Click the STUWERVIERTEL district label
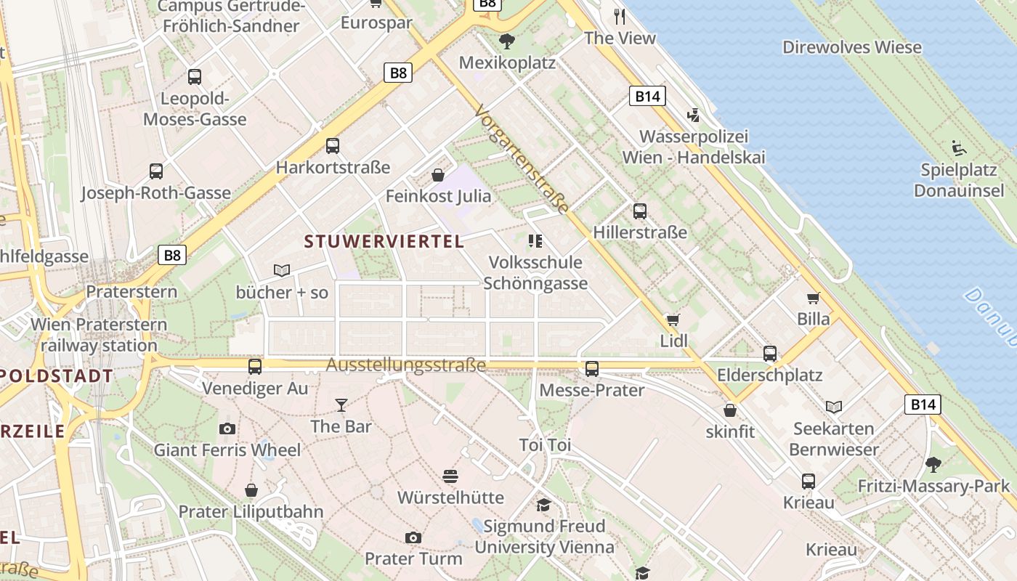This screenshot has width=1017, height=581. (x=384, y=241)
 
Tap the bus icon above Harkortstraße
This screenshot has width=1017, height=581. (x=333, y=146)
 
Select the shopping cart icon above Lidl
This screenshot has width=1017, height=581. (x=673, y=320)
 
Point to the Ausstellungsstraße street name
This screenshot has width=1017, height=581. (x=405, y=365)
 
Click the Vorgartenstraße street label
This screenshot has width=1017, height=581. (x=522, y=160)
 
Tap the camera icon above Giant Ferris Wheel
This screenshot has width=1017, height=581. (x=227, y=428)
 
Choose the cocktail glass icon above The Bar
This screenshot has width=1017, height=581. (x=341, y=405)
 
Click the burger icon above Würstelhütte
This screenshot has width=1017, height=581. (x=450, y=476)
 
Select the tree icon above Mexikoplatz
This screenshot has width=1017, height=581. (x=507, y=41)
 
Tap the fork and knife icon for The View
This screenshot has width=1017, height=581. (x=620, y=17)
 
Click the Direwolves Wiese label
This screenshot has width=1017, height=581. (x=852, y=47)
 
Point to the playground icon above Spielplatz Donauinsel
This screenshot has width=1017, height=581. (x=959, y=149)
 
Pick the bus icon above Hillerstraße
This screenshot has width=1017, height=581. (x=639, y=211)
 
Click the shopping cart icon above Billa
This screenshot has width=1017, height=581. (x=814, y=298)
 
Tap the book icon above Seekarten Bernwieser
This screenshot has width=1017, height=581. (x=833, y=407)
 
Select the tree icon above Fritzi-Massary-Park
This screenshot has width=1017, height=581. (x=933, y=464)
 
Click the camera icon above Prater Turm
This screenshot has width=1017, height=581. (x=413, y=537)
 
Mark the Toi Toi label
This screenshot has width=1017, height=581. (x=545, y=444)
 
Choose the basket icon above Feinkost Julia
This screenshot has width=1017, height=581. (x=438, y=175)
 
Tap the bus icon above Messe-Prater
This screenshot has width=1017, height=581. (x=592, y=369)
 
